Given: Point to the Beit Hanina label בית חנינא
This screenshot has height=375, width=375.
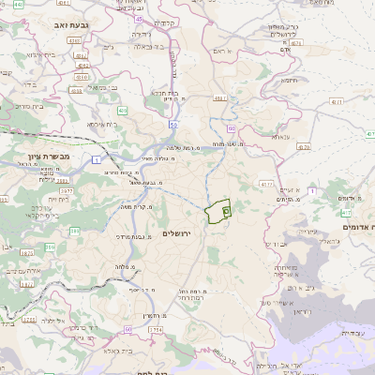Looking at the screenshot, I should (165, 93).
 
